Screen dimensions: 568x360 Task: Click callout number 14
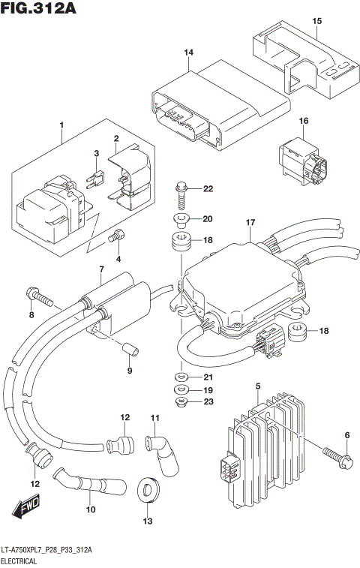189,52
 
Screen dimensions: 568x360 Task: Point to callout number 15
316,20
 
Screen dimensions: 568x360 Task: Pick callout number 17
250,222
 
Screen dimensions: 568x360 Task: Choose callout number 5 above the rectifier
256,386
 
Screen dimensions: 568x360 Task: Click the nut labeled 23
180,402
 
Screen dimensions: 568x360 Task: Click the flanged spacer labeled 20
180,220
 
